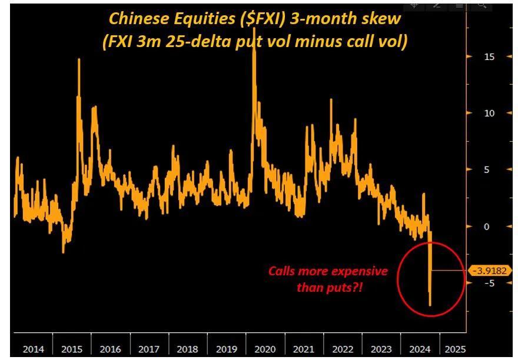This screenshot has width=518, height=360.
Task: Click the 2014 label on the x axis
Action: (x=34, y=349)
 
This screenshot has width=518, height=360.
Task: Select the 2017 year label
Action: (x=149, y=349)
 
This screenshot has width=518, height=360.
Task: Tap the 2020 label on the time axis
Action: (x=265, y=349)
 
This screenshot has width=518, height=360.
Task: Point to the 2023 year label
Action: (x=381, y=349)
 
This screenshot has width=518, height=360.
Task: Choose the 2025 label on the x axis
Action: (x=455, y=349)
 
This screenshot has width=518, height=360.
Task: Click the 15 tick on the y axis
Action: (x=489, y=57)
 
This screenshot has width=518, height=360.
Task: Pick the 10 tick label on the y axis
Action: (x=489, y=114)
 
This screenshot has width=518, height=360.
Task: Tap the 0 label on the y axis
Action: (x=486, y=226)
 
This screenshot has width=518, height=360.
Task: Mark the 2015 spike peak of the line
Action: (x=79, y=59)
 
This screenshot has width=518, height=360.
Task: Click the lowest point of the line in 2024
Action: (x=430, y=305)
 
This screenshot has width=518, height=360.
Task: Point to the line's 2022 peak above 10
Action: (x=331, y=99)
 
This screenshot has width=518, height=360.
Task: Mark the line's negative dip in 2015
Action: (x=64, y=253)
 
